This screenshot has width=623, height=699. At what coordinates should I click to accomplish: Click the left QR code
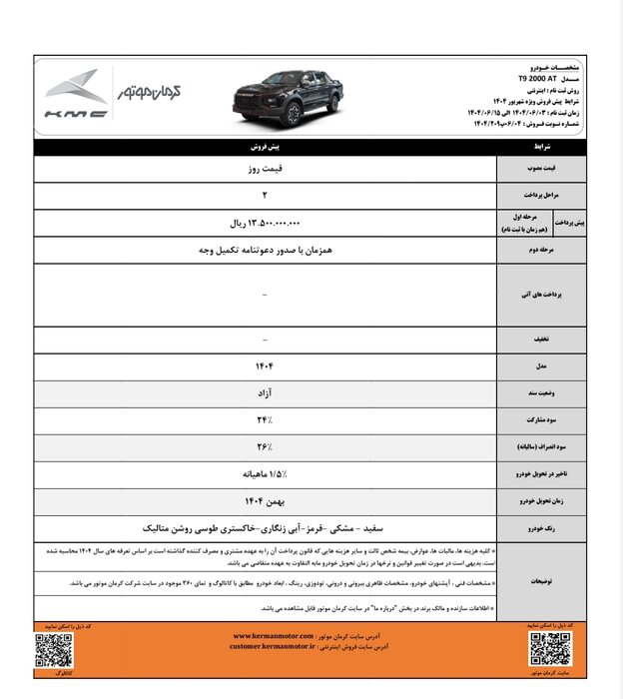point(53,649)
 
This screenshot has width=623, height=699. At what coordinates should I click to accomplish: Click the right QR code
point(551,649)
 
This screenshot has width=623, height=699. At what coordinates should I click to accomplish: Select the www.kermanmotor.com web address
point(274,635)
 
